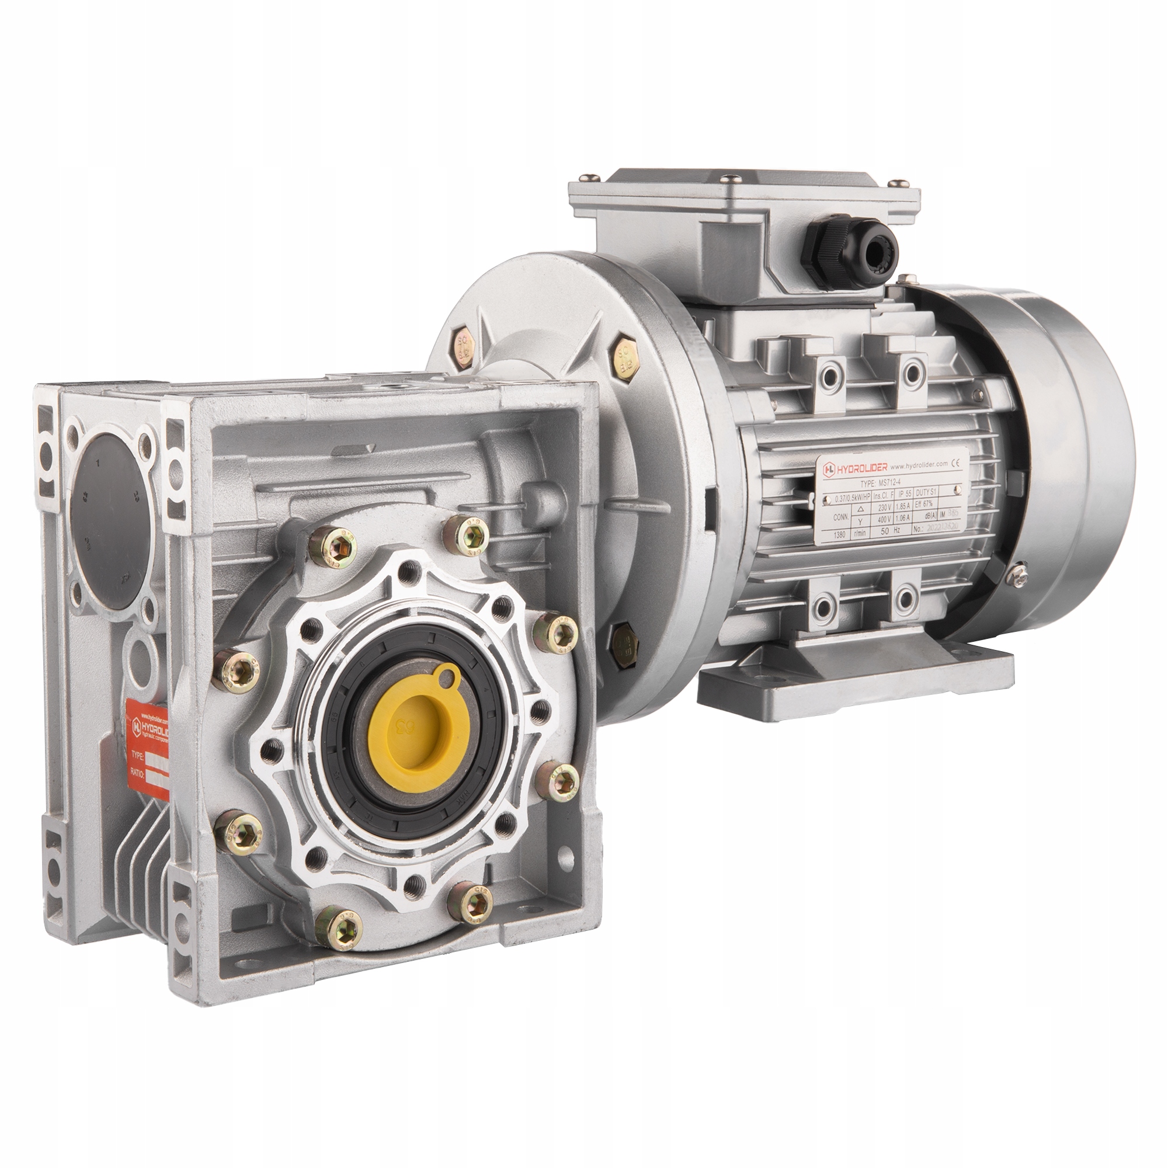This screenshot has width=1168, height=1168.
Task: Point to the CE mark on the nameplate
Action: [956, 464]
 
